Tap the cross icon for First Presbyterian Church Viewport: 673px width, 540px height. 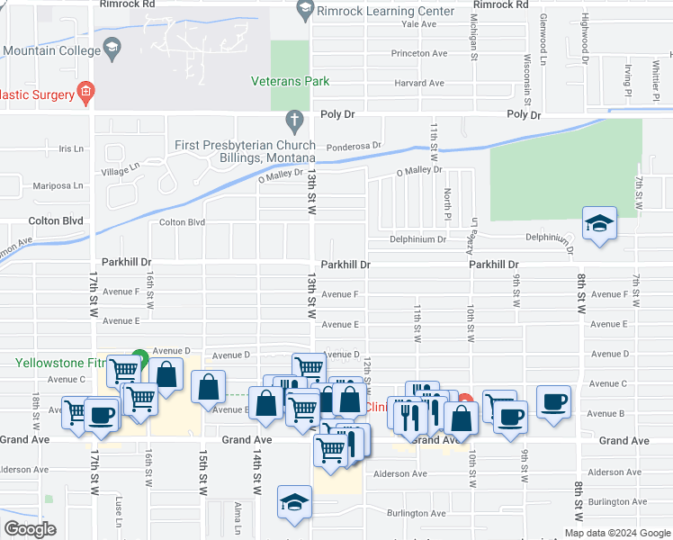[x=293, y=120]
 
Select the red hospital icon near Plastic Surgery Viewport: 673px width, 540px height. [x=85, y=90]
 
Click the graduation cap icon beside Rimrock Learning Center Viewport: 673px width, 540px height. [x=304, y=11]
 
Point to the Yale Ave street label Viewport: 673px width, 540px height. [x=418, y=24]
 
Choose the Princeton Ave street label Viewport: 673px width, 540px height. [x=418, y=54]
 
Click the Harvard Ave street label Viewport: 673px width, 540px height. [x=418, y=84]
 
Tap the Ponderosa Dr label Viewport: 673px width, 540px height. [x=354, y=145]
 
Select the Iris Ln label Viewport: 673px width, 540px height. [x=70, y=148]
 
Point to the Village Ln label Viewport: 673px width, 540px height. [x=121, y=167]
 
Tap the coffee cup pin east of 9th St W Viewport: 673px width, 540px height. [x=554, y=400]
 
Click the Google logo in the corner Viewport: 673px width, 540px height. [x=30, y=529]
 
